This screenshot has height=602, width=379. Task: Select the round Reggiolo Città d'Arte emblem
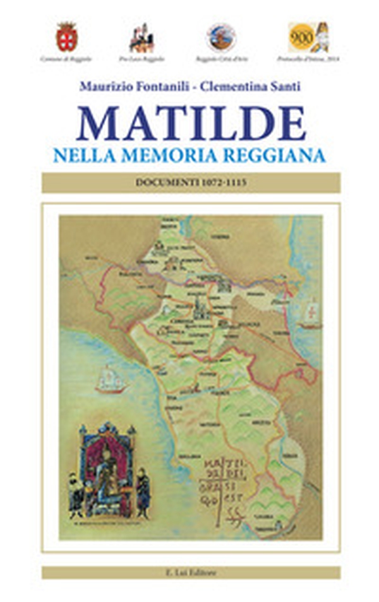(220, 37)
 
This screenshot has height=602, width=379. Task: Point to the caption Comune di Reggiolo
(66, 59)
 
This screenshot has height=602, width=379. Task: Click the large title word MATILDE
(191, 123)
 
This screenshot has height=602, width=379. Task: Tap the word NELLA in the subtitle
(80, 155)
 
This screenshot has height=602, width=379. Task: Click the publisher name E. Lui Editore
(191, 572)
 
